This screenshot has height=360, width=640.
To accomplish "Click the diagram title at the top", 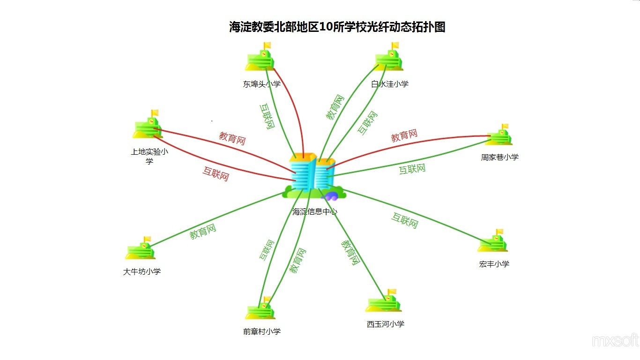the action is click(337, 27).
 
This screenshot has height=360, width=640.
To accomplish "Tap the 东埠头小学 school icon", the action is click(260, 57).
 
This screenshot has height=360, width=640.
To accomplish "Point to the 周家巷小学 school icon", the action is click(499, 135).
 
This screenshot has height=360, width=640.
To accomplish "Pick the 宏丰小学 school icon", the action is click(492, 240).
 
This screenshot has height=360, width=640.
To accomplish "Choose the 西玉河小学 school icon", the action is click(383, 300).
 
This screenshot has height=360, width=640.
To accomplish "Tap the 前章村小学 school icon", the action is click(260, 308).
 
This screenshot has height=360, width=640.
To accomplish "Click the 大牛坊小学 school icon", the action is click(140, 248).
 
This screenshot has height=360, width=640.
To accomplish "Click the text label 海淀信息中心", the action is click(314, 211).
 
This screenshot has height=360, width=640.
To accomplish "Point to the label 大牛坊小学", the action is click(141, 271).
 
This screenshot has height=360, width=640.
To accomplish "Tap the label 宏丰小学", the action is click(494, 264).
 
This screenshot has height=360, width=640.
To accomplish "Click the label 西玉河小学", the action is click(386, 324).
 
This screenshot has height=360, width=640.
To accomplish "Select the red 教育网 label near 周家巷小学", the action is click(404, 135).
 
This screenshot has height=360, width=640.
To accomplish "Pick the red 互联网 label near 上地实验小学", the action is click(216, 174).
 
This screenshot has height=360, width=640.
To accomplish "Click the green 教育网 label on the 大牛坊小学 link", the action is click(202, 232).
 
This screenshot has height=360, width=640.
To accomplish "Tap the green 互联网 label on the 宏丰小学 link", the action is click(405, 220).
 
